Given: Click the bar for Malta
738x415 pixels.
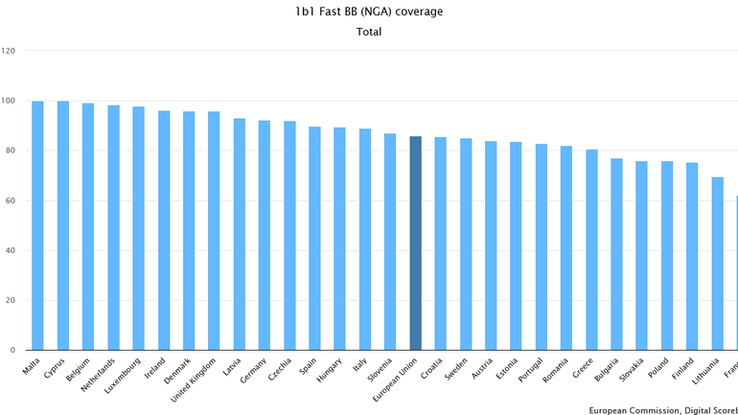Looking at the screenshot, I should point(37,225).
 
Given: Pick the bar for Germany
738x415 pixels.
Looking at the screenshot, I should point(265,235).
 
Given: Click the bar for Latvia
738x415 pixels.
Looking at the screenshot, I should point(240,234).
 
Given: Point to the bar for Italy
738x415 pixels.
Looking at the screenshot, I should point(365,240).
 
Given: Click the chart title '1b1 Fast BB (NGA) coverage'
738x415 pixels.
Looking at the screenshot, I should point(369,12).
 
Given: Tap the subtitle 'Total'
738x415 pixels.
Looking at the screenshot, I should point(369,32).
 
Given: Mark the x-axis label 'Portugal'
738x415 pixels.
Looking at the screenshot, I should point(530,369).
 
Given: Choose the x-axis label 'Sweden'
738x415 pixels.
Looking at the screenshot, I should point(456,367).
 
